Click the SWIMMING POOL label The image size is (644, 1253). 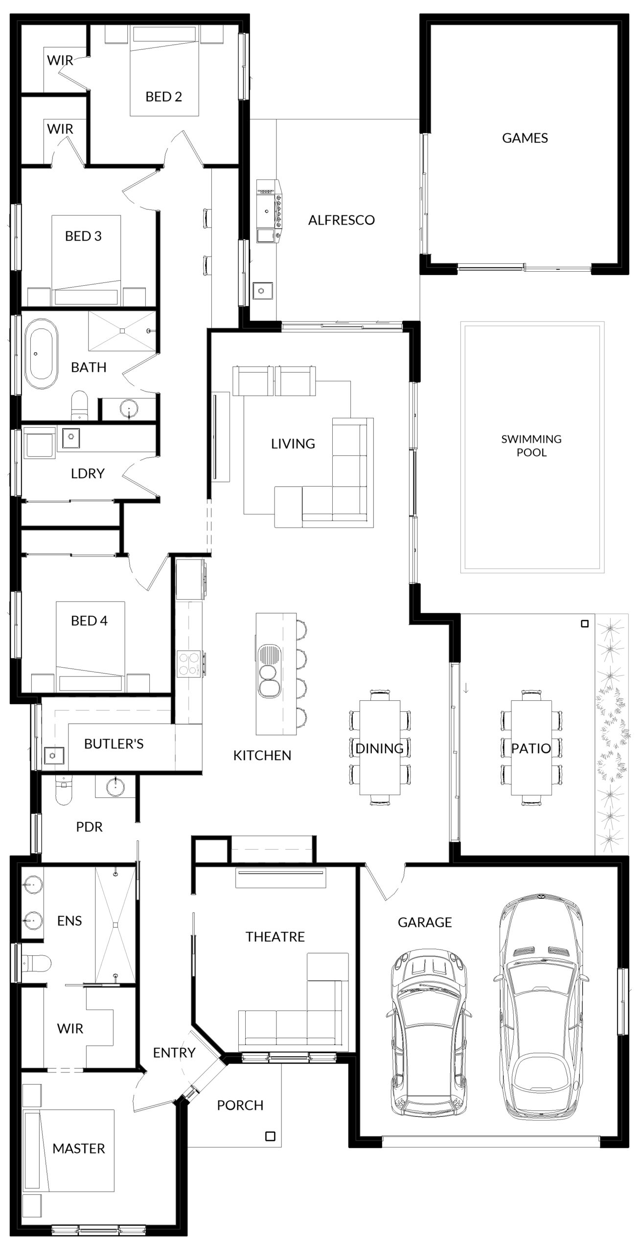(x=531, y=445)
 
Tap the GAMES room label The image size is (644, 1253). (x=525, y=138)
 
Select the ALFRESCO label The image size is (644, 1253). (x=342, y=220)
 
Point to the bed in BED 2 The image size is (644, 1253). (x=164, y=71)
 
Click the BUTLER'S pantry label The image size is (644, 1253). (x=114, y=744)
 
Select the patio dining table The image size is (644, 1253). (x=531, y=747)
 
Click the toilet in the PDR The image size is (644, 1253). (x=64, y=792)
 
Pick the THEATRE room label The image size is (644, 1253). (x=275, y=937)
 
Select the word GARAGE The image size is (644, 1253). (x=424, y=923)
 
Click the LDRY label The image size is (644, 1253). (x=88, y=474)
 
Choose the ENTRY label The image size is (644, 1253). (x=174, y=1053)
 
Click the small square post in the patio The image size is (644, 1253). (x=584, y=624)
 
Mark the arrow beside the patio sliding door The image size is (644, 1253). (x=466, y=688)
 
